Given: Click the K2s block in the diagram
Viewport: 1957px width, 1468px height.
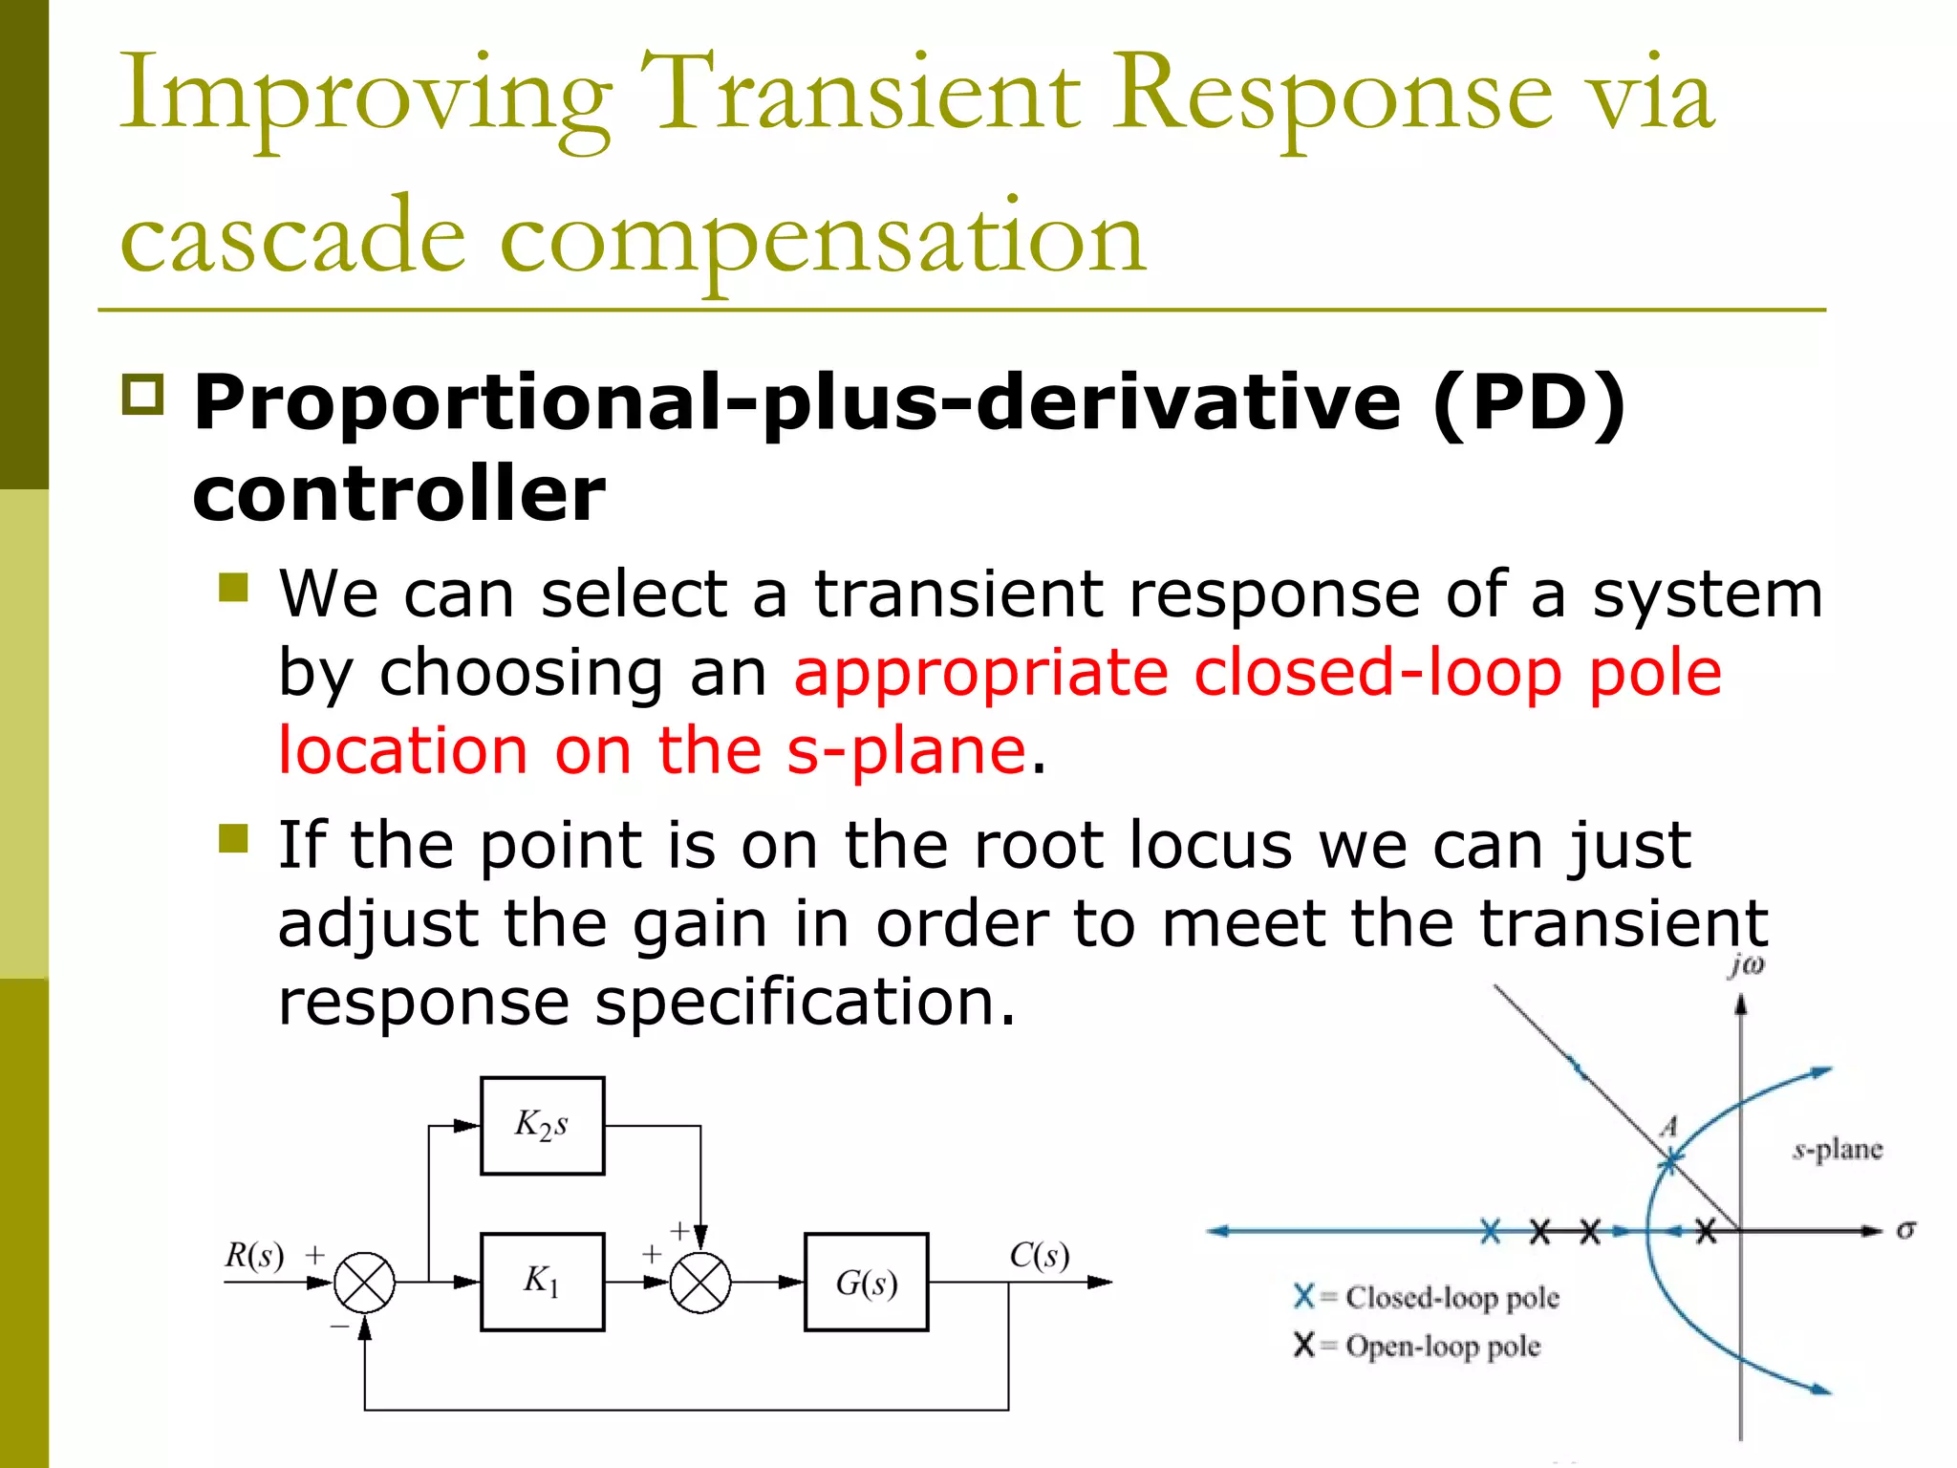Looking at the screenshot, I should (x=542, y=1126).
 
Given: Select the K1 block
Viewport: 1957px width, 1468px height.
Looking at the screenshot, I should (x=542, y=1282).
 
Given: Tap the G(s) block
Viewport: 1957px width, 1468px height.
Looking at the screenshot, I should (x=866, y=1282).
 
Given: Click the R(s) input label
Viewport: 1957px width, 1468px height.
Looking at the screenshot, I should (x=254, y=1255).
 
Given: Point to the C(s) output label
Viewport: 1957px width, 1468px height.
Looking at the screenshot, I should (x=1040, y=1255).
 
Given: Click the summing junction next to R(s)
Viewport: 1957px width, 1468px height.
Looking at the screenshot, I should (x=364, y=1282).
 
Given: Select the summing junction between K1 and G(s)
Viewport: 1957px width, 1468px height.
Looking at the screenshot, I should (x=699, y=1282).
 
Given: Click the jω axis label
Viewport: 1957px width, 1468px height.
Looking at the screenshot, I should (x=1746, y=966).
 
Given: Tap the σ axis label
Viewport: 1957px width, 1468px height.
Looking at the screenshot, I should (x=1905, y=1230).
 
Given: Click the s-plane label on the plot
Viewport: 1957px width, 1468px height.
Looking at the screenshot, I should (x=1838, y=1149).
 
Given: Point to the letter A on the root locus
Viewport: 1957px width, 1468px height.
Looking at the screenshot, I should (x=1668, y=1127).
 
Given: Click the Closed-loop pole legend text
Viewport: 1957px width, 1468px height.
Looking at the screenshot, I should (x=1452, y=1297).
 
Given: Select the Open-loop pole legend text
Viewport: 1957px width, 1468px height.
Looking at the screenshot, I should (x=1443, y=1346).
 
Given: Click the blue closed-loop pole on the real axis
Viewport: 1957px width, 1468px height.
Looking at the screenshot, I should (x=1490, y=1231).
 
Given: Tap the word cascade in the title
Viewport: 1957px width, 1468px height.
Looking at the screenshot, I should (x=292, y=237).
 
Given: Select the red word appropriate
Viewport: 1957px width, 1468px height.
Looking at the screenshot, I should (x=980, y=673).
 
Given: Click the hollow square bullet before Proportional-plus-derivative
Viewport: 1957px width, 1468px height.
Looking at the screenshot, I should (x=143, y=395).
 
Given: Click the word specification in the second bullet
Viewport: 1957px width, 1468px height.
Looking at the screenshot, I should (x=805, y=1003).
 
